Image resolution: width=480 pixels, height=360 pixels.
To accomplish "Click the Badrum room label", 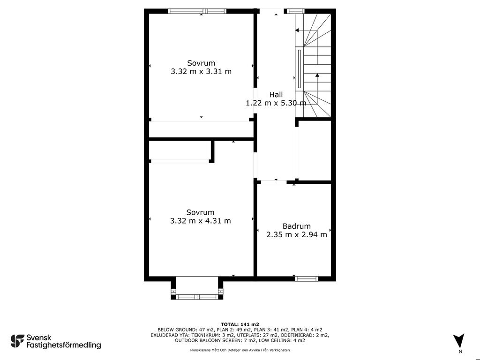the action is tap(296, 226).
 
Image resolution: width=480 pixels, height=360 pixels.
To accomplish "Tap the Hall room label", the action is tap(276, 95).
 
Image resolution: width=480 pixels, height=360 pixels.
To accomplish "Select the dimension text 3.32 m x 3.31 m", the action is tap(201, 72).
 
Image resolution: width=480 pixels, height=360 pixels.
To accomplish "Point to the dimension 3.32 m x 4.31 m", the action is tap(201, 221).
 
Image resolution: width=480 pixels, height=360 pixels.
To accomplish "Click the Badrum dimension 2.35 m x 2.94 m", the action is tap(297, 235).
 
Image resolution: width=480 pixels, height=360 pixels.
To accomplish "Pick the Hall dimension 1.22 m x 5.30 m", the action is tap(276, 103).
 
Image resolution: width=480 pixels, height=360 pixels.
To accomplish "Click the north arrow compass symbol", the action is tap(458, 340).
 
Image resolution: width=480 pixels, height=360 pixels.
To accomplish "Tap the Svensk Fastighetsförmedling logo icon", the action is tap(17, 341).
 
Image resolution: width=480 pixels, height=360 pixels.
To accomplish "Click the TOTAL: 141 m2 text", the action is tap(240, 324).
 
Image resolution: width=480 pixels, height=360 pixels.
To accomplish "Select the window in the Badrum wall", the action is tap(307, 278).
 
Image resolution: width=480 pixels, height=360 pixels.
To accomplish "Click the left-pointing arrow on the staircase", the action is tap(306, 30).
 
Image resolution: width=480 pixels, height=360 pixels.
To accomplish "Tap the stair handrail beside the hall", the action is tap(299, 69).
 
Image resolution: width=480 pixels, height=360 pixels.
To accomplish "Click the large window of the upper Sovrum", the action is tap(197, 11).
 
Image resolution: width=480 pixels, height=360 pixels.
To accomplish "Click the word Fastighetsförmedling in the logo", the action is tap(64, 345).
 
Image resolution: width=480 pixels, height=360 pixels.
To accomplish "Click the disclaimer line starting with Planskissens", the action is tap(240, 350).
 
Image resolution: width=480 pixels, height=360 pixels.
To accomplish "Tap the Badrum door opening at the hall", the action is tap(274, 182).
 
